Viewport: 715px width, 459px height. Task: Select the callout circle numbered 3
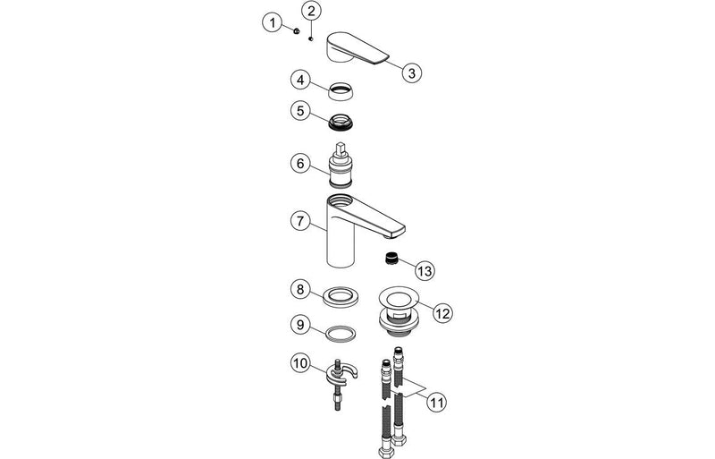coord(410,74)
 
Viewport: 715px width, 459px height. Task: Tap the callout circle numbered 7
coord(301,220)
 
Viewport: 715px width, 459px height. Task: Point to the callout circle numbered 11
coord(435,403)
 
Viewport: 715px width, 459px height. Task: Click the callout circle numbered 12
coord(444,312)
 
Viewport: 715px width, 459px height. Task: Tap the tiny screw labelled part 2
coord(309,38)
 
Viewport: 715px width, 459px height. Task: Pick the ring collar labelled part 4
coord(340,89)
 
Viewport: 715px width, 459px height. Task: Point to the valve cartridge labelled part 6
coord(340,164)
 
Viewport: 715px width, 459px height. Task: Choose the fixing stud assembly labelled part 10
coord(340,380)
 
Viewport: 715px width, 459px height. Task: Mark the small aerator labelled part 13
coord(391,260)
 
